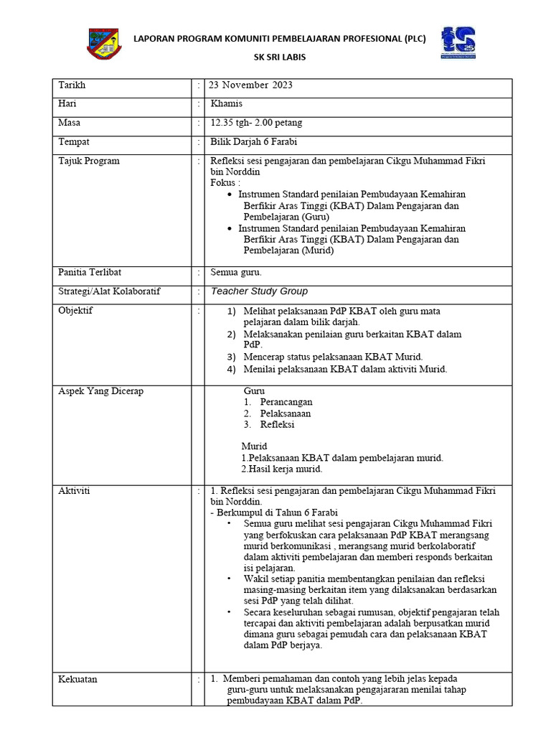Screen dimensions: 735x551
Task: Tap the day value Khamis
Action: pyautogui.click(x=226, y=104)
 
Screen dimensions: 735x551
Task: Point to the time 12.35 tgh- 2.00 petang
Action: pyautogui.click(x=260, y=123)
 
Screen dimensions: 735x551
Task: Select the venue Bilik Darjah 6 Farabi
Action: pyautogui.click(x=254, y=141)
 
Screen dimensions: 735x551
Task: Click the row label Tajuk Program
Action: pyautogui.click(x=89, y=161)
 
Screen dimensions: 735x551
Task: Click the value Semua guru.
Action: pyautogui.click(x=236, y=272)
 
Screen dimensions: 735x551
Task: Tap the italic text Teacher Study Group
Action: pyautogui.click(x=259, y=291)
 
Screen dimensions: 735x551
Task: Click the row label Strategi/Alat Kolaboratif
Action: pyautogui.click(x=109, y=291)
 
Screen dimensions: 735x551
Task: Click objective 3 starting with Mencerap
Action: pyautogui.click(x=333, y=357)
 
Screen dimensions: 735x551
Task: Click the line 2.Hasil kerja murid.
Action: pyautogui.click(x=281, y=469)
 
